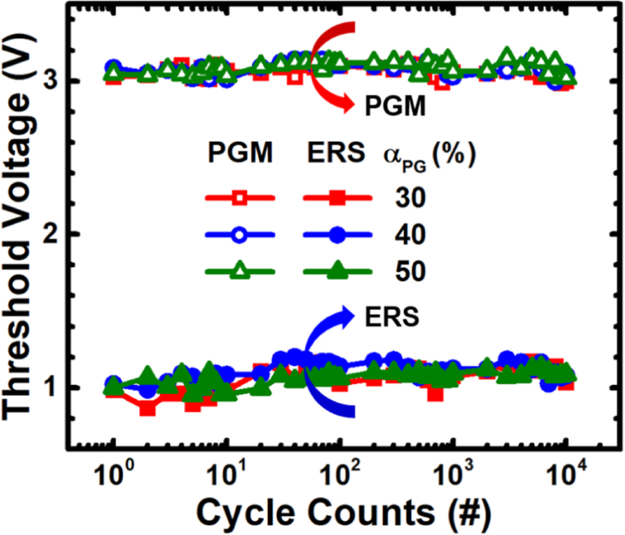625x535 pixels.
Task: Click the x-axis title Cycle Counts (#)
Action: coord(344,512)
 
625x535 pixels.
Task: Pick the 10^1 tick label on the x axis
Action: coord(226,476)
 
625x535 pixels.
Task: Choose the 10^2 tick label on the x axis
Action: coord(340,476)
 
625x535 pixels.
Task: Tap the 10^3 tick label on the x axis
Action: coord(453,476)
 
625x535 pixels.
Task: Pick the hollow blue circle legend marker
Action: coord(240,236)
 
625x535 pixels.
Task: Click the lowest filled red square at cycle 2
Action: coord(147,409)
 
